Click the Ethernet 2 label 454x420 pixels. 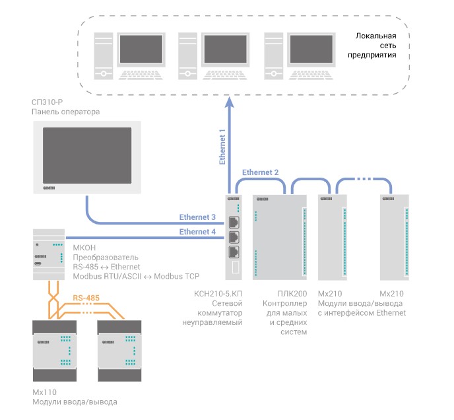[x=260, y=172]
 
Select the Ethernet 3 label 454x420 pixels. [x=197, y=217]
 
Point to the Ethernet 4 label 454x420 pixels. [x=197, y=231]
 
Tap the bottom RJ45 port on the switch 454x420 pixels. [x=234, y=252]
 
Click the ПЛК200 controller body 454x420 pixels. [x=280, y=238]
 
